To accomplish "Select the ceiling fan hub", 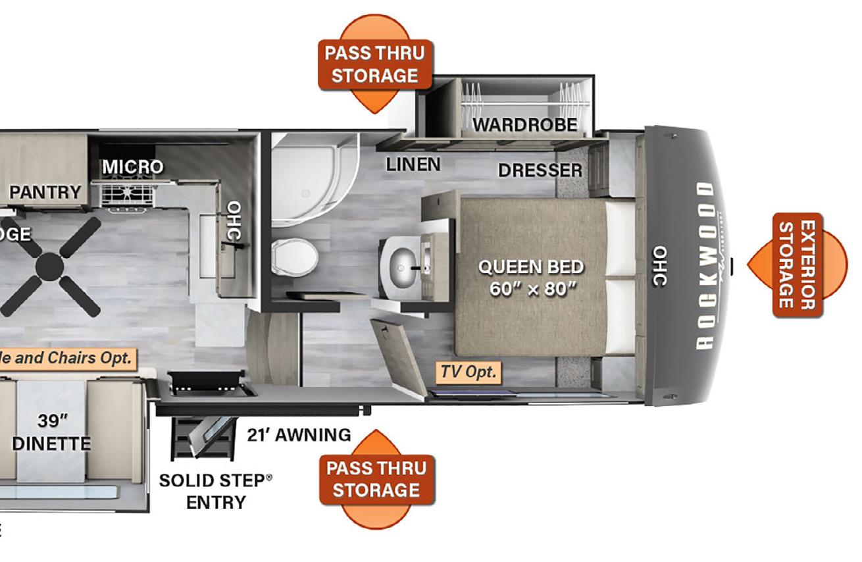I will coord(50,267).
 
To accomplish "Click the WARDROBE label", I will coord(524,124).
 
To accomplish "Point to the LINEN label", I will coord(413,164).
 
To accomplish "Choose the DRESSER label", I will coord(540,170).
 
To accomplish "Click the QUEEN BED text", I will coord(530,267).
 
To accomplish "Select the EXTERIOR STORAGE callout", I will coord(798,265).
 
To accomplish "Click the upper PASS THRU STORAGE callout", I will coord(375,64).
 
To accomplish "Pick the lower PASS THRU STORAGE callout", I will coord(377,479).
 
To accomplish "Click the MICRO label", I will coord(132,167).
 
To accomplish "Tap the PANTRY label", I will coord(45,192).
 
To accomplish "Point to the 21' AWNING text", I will coord(299,434).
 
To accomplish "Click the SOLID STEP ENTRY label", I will coord(215,491).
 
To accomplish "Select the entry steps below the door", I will coord(203,436).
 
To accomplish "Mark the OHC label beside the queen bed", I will coord(660,267).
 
